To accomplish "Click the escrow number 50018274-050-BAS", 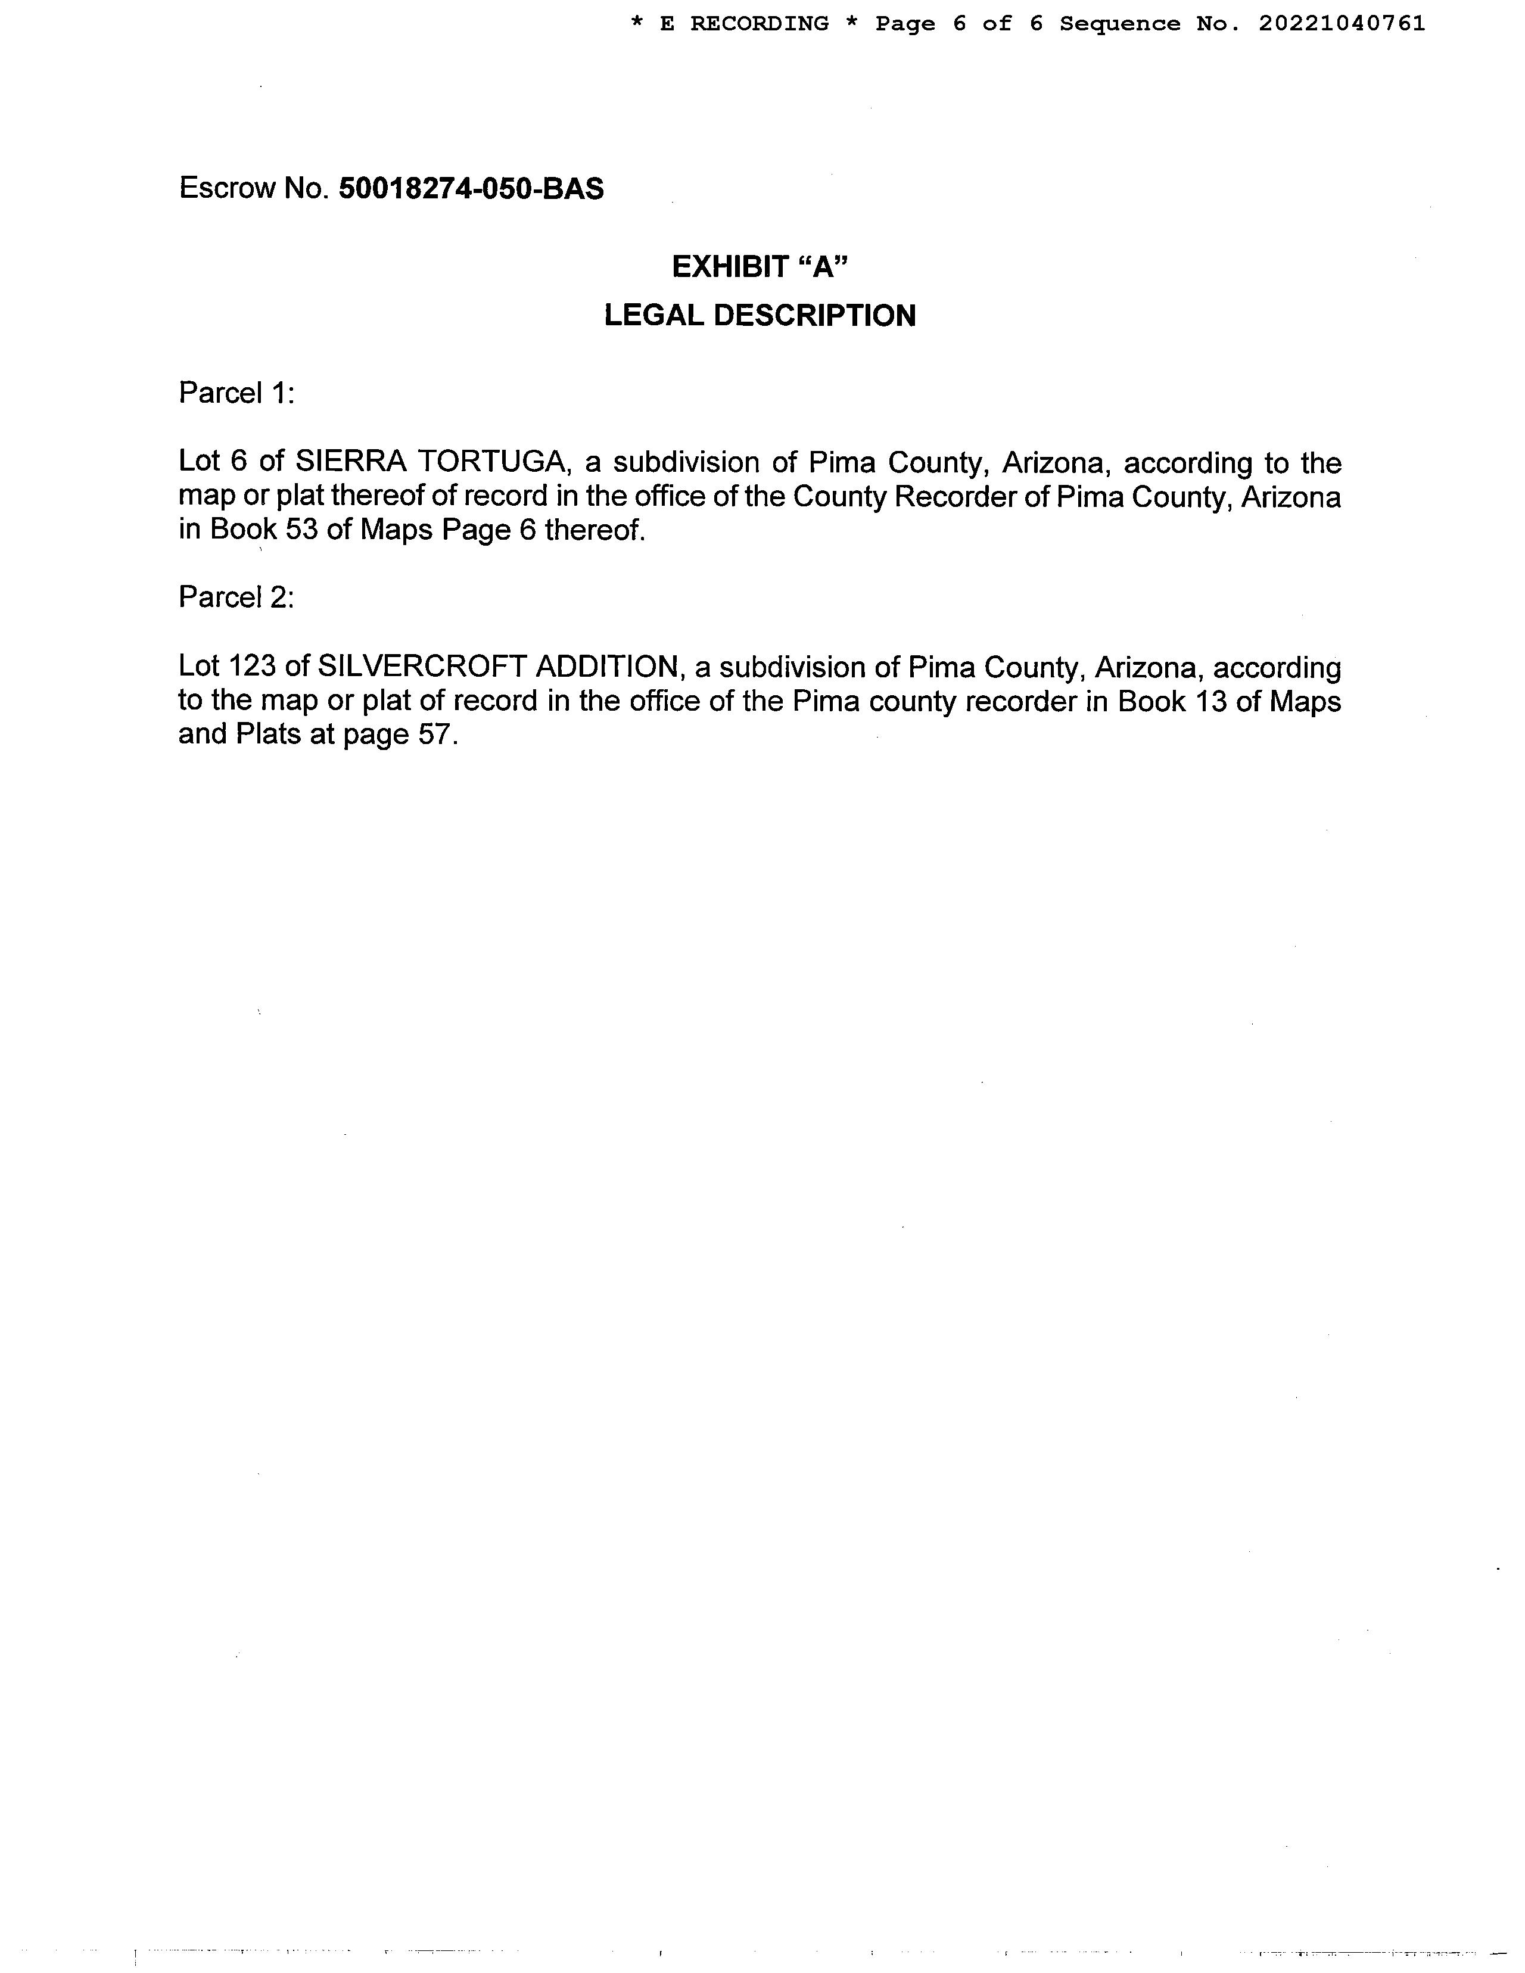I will pos(471,189).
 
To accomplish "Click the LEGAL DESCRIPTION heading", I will pos(760,315).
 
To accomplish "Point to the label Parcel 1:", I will pos(236,393).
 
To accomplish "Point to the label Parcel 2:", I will pos(236,597).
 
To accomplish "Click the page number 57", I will pos(432,735).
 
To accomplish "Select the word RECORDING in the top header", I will pos(759,23).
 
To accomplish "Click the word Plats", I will pos(268,735).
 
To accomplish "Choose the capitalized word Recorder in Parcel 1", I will pos(954,497).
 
